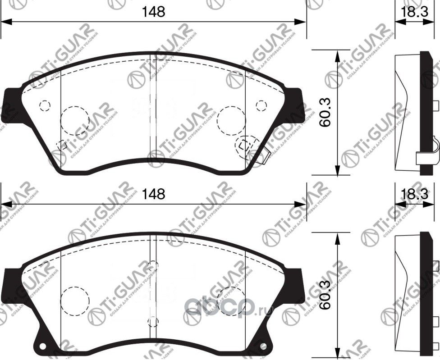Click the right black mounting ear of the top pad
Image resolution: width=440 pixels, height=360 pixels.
coord(295,104)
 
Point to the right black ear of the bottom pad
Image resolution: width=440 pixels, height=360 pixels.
coord(295,283)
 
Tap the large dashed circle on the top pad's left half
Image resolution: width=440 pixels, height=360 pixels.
coord(74,120)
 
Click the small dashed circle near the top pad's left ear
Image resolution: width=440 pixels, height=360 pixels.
coord(44,105)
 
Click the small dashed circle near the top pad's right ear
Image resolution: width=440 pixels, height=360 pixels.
coord(261,105)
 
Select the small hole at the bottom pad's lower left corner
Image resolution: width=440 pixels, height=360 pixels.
coord(43,347)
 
